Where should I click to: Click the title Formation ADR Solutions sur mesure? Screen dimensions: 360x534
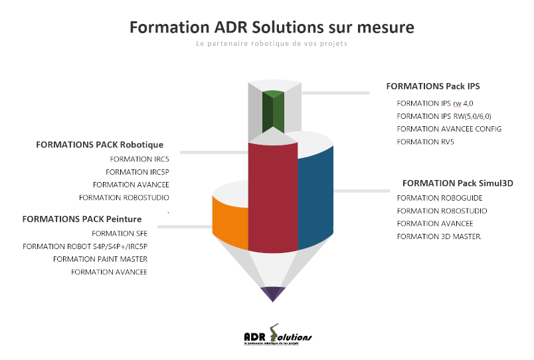coord(272,27)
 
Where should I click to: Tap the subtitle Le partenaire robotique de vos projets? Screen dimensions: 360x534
coord(272,45)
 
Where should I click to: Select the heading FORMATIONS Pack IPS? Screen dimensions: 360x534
coord(432,86)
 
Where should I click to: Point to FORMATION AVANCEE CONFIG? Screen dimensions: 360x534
coord(449,129)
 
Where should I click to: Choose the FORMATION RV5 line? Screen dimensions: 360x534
coord(416,141)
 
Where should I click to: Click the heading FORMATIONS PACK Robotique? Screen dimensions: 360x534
coord(100,145)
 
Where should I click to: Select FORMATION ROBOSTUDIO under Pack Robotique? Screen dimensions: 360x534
coord(124,197)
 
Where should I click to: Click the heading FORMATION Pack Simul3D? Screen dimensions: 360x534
coord(458,183)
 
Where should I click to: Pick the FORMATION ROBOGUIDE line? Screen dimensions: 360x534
coord(440,198)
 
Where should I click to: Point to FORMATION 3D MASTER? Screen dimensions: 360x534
coord(440,236)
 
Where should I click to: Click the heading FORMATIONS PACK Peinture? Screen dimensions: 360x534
coord(82,219)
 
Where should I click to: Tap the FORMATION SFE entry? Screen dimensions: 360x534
coord(120,234)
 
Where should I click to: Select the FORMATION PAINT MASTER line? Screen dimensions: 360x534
coord(100,259)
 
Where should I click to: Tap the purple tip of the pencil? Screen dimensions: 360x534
coord(273,292)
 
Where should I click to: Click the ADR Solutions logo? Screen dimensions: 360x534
coord(278,337)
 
